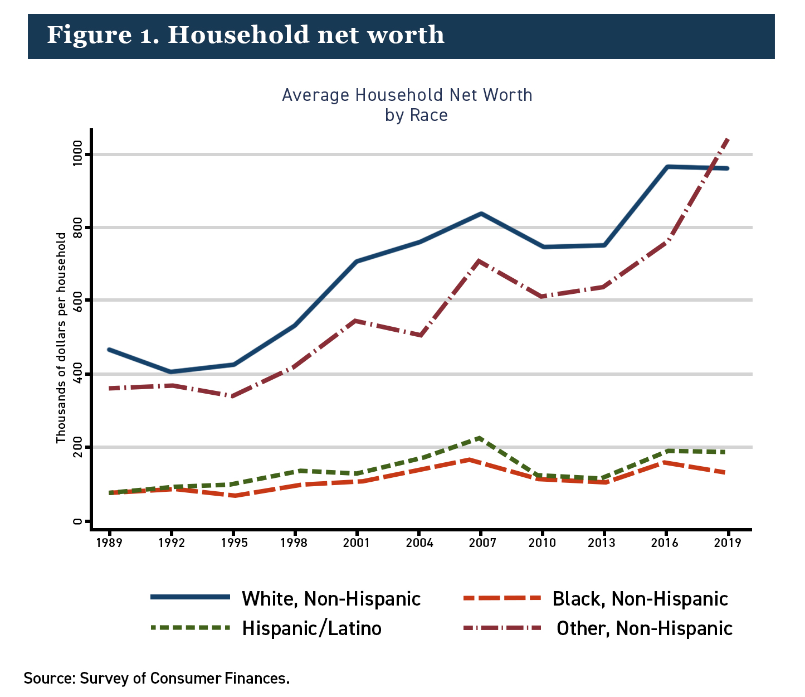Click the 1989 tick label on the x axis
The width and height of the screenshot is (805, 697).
point(109,543)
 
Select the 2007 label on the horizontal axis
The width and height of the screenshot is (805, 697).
point(482,543)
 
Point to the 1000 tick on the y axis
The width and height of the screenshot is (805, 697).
point(76,154)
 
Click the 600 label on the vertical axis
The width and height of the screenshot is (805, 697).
point(76,300)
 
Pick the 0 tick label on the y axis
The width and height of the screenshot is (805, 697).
point(76,521)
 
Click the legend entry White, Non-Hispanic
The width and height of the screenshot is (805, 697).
point(331,598)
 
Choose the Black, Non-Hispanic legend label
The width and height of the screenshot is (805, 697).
point(640,598)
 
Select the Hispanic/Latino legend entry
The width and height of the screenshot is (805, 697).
point(311,628)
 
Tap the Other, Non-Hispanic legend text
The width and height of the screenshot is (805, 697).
point(645,628)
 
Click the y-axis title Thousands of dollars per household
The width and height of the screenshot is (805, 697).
point(61,338)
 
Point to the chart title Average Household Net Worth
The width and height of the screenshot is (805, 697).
point(407,95)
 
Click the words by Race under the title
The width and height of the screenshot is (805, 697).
point(416,115)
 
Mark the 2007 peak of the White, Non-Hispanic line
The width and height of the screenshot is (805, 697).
point(480,214)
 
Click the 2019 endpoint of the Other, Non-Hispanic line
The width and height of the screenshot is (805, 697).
point(727,139)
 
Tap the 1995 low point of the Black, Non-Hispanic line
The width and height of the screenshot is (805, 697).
point(233,496)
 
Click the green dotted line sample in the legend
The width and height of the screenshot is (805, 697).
point(191,628)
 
